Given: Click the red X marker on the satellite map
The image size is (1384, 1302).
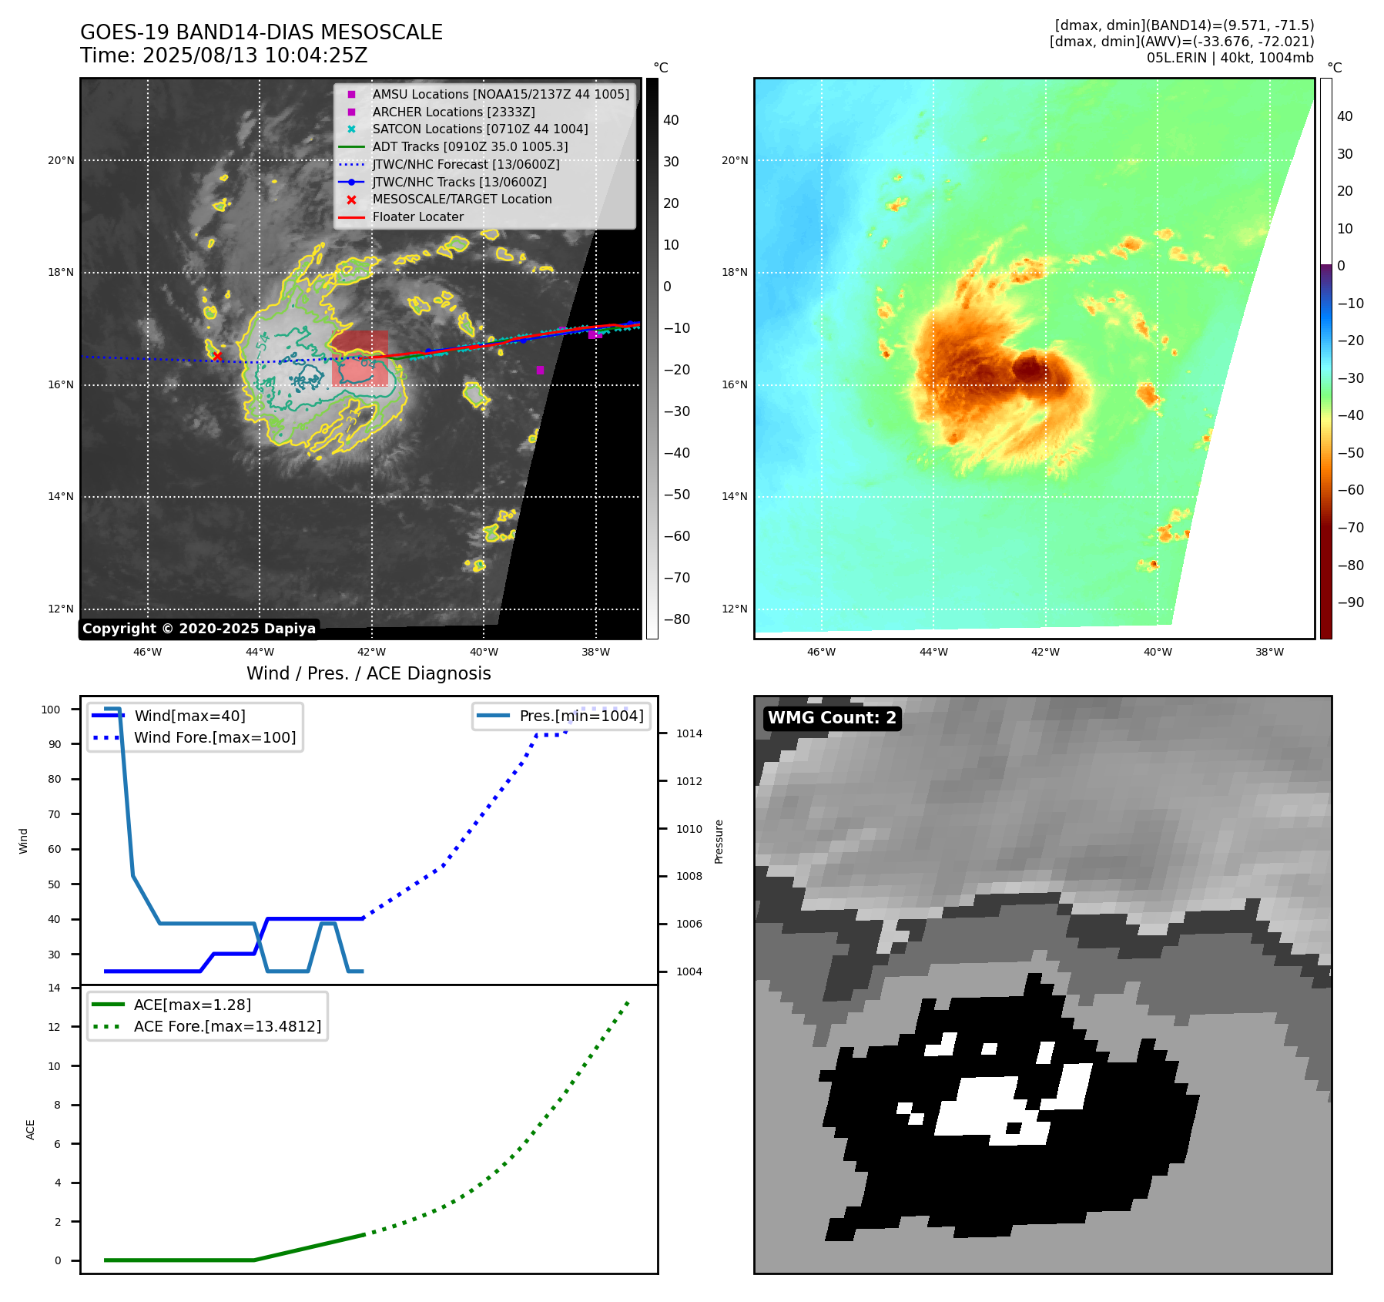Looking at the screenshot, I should click(x=217, y=356).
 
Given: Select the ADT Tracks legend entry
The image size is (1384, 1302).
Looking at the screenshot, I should click(x=470, y=146).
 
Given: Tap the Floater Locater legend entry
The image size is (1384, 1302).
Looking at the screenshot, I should click(x=417, y=217).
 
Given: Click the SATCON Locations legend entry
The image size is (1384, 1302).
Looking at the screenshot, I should click(x=480, y=129).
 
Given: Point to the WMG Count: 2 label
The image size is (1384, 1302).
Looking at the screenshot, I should click(x=832, y=718).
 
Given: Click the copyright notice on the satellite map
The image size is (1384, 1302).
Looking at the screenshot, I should click(x=199, y=629).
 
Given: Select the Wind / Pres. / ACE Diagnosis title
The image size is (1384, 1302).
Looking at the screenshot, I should click(x=368, y=673).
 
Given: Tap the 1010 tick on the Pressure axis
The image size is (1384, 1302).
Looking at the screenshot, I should click(x=689, y=829).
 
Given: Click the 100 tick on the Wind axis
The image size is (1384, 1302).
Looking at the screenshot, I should click(x=51, y=710).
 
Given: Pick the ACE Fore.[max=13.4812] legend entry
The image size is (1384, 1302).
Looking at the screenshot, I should click(x=227, y=1026).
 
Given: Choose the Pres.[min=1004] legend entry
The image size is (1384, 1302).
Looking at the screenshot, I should click(x=581, y=716).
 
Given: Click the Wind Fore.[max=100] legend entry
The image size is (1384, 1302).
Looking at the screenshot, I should click(x=215, y=737).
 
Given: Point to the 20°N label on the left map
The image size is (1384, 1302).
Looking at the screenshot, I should click(x=61, y=161).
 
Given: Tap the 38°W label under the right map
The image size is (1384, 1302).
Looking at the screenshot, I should click(x=1269, y=652).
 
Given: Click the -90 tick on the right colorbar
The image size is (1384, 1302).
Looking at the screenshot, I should click(x=1350, y=602).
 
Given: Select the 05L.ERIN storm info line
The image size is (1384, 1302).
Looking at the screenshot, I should click(x=1229, y=58).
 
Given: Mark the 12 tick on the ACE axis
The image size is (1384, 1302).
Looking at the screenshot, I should click(x=54, y=1027).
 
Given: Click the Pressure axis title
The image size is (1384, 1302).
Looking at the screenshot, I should click(x=719, y=841).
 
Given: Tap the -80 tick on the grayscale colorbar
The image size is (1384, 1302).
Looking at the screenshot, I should click(x=677, y=619).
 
